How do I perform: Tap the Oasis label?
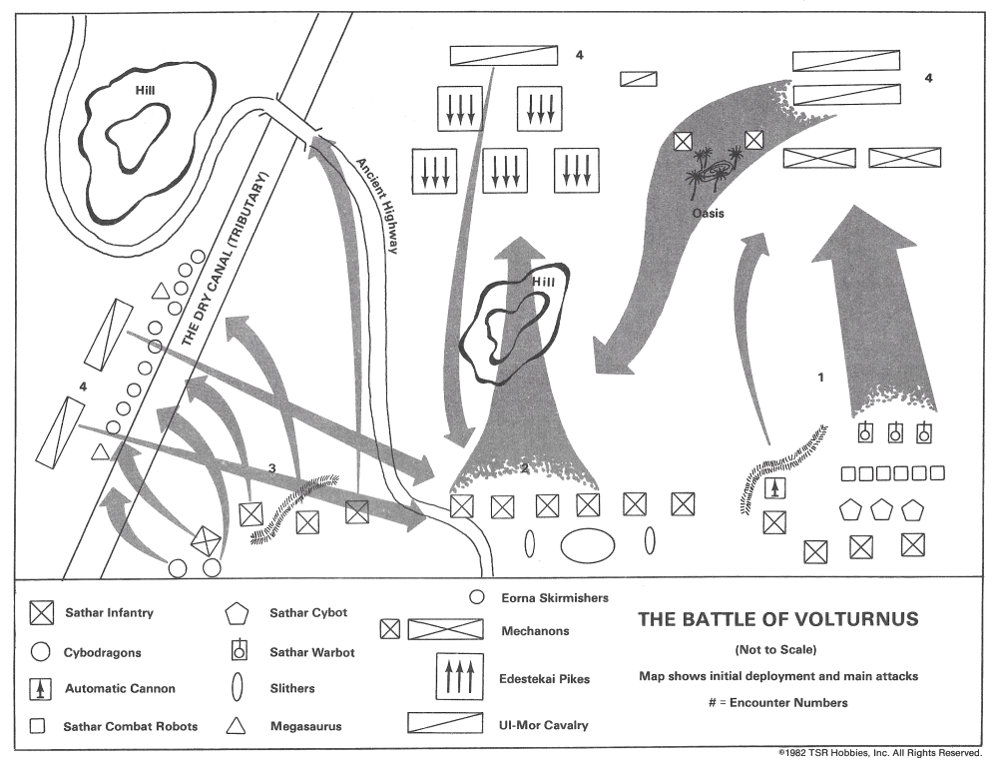708,213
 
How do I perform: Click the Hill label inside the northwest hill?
148,90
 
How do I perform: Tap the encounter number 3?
272,468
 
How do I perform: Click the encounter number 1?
820,379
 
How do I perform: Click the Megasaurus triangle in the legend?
238,726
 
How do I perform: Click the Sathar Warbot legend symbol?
238,651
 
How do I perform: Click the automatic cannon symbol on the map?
774,488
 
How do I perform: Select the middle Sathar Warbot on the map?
895,432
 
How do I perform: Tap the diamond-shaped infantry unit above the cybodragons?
206,539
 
